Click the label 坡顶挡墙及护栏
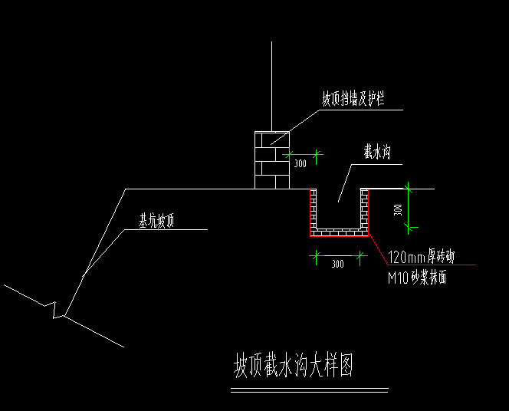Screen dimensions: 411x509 tap(353, 100)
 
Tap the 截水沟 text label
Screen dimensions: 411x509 tap(379, 153)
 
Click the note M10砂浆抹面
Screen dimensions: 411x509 tap(418, 278)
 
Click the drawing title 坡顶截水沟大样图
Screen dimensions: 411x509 tap(293, 366)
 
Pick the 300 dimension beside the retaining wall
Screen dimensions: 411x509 tap(300, 163)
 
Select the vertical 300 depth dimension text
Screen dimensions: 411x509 tap(398, 209)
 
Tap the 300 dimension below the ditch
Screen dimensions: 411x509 tap(337, 264)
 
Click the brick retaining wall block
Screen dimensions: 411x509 tap(271, 159)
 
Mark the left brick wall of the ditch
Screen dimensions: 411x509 tap(313, 211)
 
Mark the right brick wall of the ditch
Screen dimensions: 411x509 tap(365, 211)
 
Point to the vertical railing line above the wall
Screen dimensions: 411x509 tap(271, 84)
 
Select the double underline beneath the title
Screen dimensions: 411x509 tap(308, 391)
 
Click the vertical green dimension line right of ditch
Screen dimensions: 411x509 tap(409, 207)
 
